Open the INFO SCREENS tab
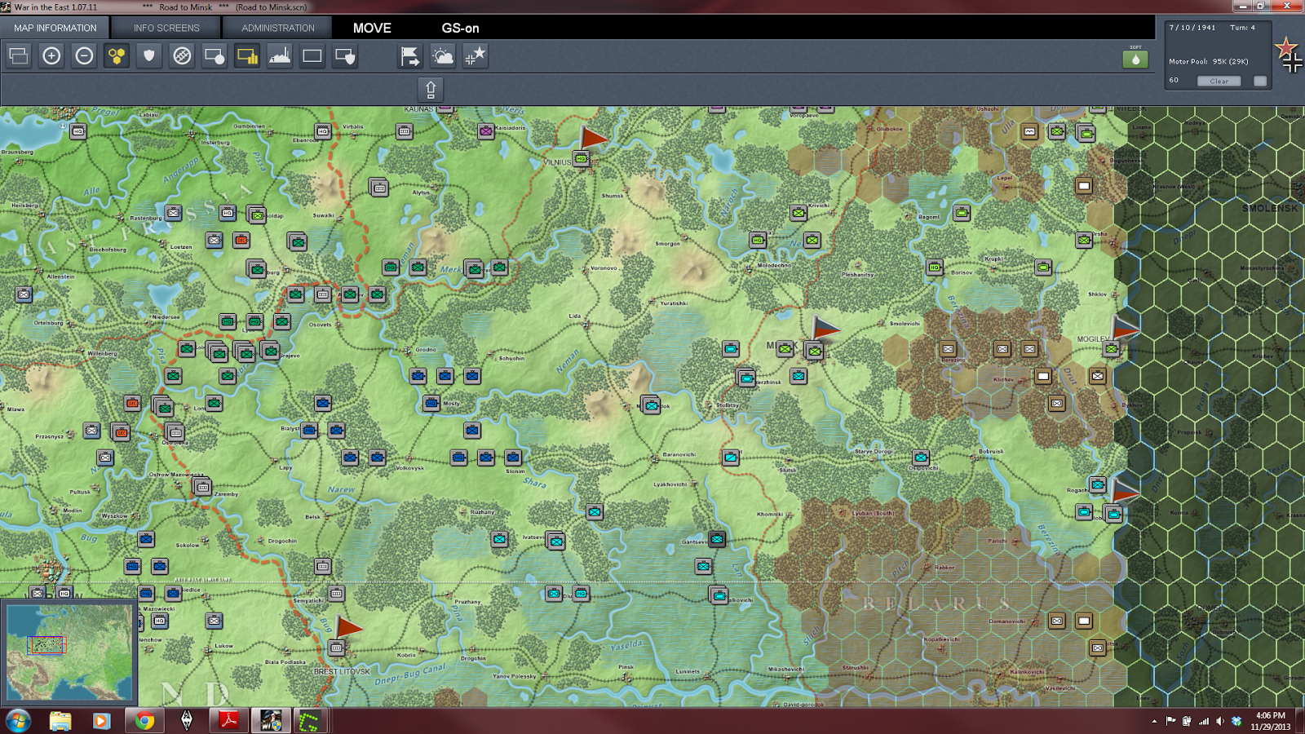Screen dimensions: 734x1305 coord(166,28)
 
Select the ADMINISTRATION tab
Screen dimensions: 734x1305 coord(277,28)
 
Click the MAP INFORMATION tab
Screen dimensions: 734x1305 coord(55,28)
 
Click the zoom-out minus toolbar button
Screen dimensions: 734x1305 coord(84,55)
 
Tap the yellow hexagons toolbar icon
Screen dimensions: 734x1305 coord(117,55)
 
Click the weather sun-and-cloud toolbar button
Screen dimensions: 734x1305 coord(443,55)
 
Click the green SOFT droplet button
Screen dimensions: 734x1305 coord(1135,59)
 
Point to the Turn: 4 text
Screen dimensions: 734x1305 coord(1242,28)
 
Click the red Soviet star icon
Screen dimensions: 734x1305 coord(1286,47)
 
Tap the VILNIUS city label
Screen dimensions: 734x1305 coord(557,162)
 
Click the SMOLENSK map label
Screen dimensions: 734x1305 coord(1269,209)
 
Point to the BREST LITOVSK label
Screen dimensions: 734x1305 coord(342,672)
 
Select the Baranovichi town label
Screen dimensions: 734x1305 coord(679,454)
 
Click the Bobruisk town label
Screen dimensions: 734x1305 coord(991,451)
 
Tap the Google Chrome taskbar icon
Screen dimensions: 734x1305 coord(144,721)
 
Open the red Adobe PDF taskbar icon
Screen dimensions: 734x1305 coord(228,721)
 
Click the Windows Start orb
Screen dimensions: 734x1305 coord(18,721)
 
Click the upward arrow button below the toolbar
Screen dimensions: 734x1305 coord(431,88)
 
